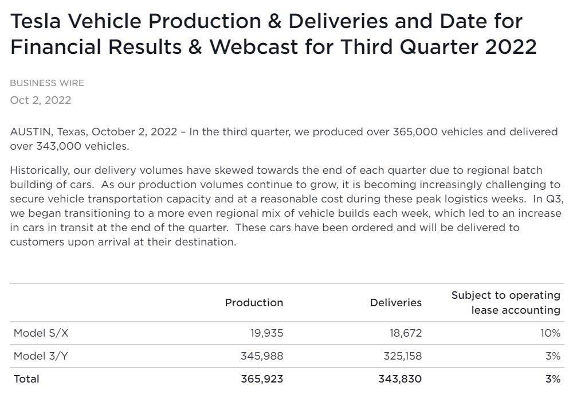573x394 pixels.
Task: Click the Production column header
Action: point(254,302)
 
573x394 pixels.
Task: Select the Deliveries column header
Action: point(395,302)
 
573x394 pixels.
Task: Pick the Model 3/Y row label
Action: point(41,356)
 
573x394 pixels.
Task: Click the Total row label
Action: point(26,379)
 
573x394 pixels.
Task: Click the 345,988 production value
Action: point(262,356)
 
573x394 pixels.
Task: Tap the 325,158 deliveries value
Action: point(402,356)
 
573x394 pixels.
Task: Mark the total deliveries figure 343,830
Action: point(400,379)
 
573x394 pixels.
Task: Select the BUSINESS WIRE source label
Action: point(47,83)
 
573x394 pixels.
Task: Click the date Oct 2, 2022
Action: point(40,100)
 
